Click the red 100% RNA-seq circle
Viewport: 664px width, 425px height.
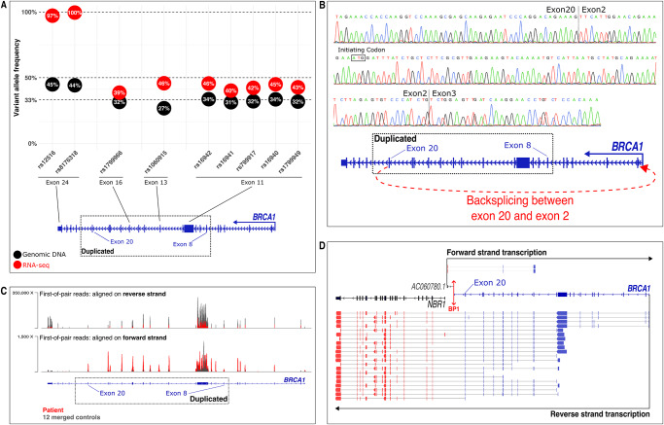pos(75,13)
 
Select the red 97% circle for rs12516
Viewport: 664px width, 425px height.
pos(52,17)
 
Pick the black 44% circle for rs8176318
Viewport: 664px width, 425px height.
pos(75,86)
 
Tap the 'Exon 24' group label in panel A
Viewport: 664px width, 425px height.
pos(63,182)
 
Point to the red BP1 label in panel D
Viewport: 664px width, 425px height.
pos(452,307)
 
